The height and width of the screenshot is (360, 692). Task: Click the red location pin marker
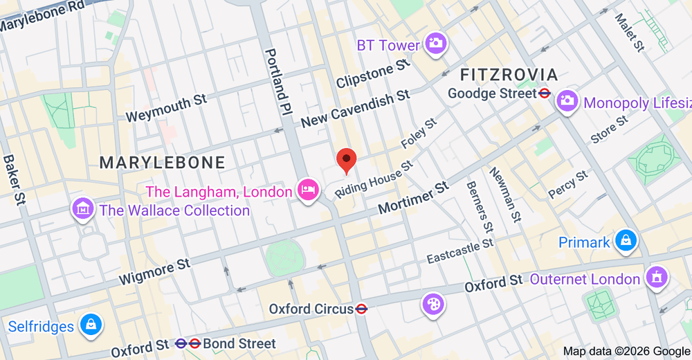(346, 160)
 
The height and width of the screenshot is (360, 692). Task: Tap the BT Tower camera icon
(435, 43)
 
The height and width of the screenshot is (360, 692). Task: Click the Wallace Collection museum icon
(83, 208)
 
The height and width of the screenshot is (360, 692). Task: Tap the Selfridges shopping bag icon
(91, 324)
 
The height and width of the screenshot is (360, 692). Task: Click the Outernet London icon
(655, 278)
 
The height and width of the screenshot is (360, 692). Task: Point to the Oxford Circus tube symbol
(361, 309)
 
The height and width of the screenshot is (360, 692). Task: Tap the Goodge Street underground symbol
(545, 93)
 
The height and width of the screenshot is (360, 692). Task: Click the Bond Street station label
(239, 343)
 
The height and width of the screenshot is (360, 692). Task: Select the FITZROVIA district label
(509, 75)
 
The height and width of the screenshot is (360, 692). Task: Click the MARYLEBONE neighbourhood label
(162, 163)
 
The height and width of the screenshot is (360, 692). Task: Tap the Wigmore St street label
(154, 271)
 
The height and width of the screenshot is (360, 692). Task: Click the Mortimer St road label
(415, 198)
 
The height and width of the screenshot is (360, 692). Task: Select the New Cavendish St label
(355, 109)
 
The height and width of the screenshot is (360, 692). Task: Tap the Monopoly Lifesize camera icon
(567, 100)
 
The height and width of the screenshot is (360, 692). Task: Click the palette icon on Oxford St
(432, 303)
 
